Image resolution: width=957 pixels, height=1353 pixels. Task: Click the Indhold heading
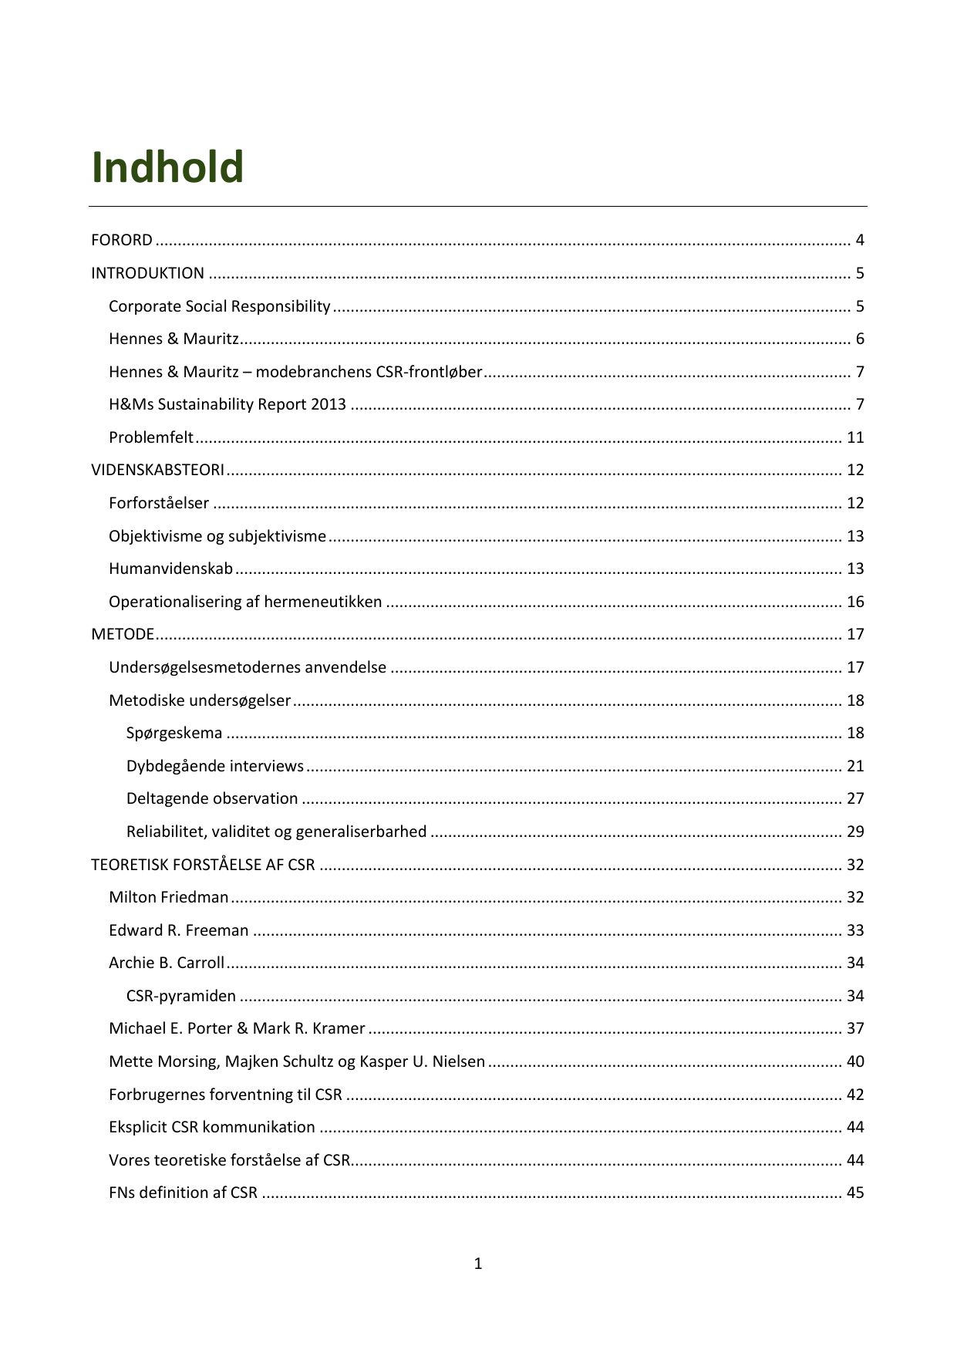[167, 167]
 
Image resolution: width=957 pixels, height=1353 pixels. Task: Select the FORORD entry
[122, 240]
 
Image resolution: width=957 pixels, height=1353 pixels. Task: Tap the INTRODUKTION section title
[147, 273]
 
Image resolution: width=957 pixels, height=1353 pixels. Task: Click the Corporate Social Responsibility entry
[219, 306]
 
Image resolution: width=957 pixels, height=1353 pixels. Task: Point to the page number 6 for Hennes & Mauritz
[859, 339]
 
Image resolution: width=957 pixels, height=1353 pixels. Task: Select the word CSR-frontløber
[429, 372]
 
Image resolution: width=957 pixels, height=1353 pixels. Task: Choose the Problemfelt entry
[151, 437]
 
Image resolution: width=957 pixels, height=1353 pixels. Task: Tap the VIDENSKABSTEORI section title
[157, 470]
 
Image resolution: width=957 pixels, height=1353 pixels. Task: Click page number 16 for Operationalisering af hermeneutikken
[855, 602]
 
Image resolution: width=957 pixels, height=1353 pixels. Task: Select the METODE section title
[123, 634]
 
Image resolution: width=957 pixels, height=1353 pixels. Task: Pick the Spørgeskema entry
[174, 733]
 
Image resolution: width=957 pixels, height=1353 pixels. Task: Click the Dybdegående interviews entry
[215, 766]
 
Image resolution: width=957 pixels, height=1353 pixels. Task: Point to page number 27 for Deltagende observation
[855, 798]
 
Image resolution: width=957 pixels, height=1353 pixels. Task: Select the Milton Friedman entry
[169, 897]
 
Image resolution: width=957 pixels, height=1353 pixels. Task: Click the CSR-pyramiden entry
[181, 996]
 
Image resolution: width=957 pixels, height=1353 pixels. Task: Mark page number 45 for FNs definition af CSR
[855, 1193]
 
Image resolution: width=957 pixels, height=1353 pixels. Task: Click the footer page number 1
[478, 1264]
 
